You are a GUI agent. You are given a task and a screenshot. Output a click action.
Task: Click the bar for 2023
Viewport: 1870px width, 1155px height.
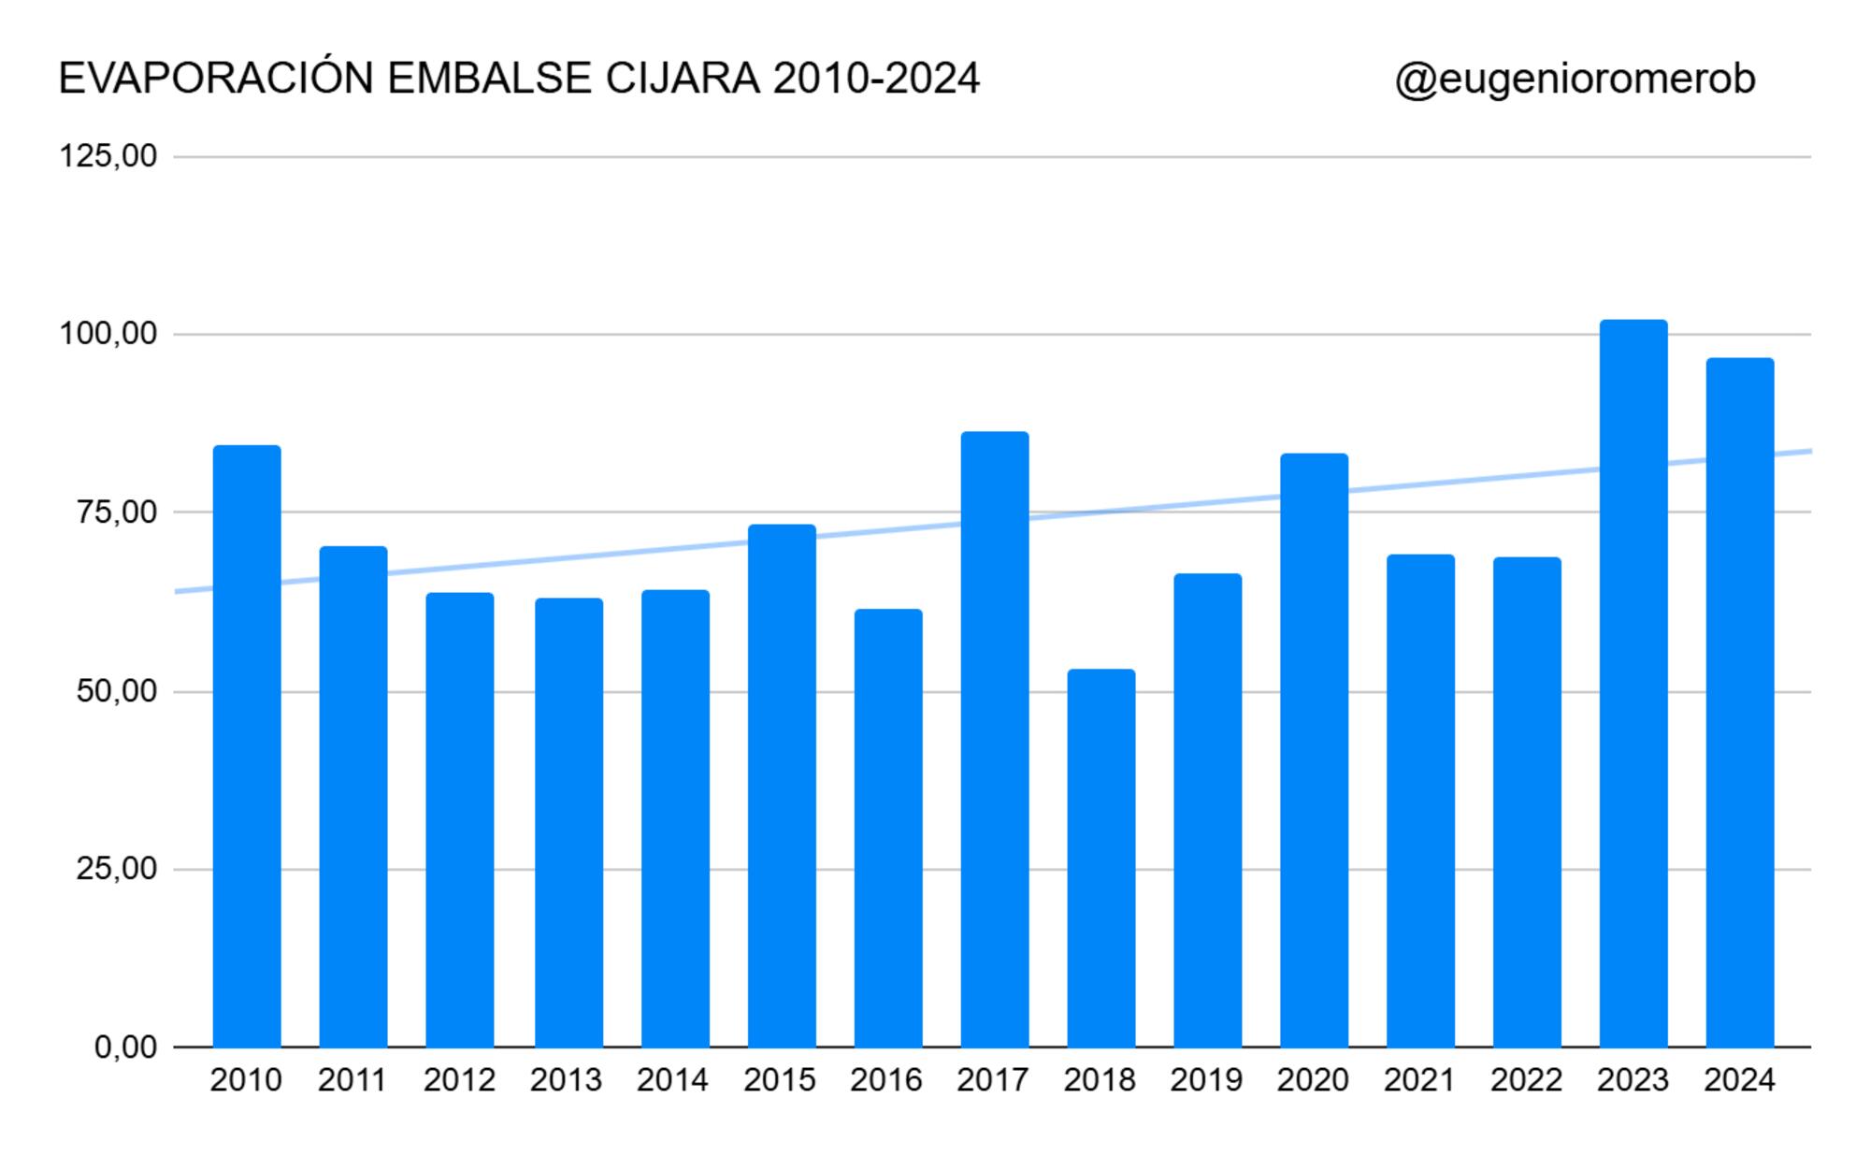(1633, 683)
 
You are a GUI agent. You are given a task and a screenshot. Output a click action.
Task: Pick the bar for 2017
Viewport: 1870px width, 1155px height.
(995, 739)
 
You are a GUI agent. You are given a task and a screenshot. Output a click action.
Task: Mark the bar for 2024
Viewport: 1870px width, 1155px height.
(1739, 701)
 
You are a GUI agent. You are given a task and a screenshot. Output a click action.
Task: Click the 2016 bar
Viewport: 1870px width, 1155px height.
(888, 828)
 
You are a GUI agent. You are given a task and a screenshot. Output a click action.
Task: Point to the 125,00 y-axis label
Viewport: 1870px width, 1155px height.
(108, 156)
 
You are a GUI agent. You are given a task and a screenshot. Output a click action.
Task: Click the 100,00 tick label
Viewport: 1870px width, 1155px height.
(108, 334)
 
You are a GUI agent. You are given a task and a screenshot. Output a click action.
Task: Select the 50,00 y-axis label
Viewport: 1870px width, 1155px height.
(116, 692)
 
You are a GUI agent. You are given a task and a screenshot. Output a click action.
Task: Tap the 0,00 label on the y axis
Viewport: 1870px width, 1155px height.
(125, 1047)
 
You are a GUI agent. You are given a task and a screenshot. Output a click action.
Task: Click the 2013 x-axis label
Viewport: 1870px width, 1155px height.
(566, 1080)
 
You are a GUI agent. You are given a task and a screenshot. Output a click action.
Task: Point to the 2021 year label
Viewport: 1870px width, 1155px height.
(1419, 1080)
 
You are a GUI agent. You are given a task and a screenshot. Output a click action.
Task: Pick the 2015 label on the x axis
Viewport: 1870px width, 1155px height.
(780, 1080)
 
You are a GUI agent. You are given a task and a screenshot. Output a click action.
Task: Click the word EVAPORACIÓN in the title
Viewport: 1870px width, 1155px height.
(216, 79)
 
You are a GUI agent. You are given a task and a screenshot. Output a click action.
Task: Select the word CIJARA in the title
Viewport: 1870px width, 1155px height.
(683, 79)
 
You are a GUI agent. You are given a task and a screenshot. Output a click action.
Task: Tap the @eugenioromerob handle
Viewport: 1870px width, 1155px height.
(1575, 79)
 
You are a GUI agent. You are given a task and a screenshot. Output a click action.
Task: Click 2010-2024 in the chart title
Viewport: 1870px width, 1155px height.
(876, 79)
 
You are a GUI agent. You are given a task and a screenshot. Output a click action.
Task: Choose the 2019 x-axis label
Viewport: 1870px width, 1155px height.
(1206, 1080)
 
